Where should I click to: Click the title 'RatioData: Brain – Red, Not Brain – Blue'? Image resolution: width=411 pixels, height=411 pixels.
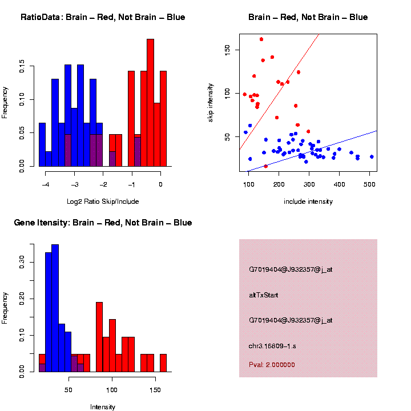[103, 17]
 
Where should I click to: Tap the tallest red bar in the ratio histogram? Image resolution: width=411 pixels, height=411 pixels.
[150, 103]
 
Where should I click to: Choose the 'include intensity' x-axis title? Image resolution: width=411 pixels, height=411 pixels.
[308, 201]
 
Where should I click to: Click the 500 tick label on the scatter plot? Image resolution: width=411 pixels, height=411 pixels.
[369, 184]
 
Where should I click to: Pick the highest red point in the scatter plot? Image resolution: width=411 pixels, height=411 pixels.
[261, 39]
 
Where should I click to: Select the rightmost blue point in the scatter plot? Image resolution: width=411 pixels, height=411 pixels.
[372, 156]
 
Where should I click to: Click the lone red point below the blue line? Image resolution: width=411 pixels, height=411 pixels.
[266, 166]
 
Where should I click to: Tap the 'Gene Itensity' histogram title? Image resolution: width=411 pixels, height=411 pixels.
[103, 223]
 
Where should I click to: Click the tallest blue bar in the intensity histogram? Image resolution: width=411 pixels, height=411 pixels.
[55, 308]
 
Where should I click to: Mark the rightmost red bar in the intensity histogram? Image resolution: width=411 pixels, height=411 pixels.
[163, 363]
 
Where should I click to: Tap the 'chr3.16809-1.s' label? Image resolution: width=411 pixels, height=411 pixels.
[272, 346]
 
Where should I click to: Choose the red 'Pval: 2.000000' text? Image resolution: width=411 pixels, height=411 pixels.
[272, 364]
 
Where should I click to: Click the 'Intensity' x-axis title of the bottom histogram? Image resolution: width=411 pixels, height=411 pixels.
[103, 407]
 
